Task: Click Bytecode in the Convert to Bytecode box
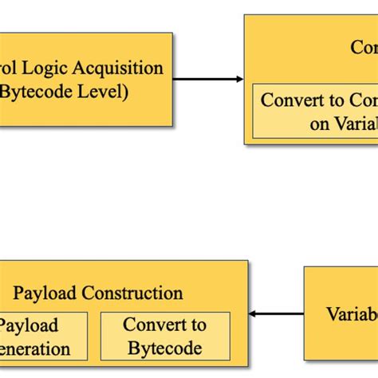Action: click(x=165, y=348)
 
